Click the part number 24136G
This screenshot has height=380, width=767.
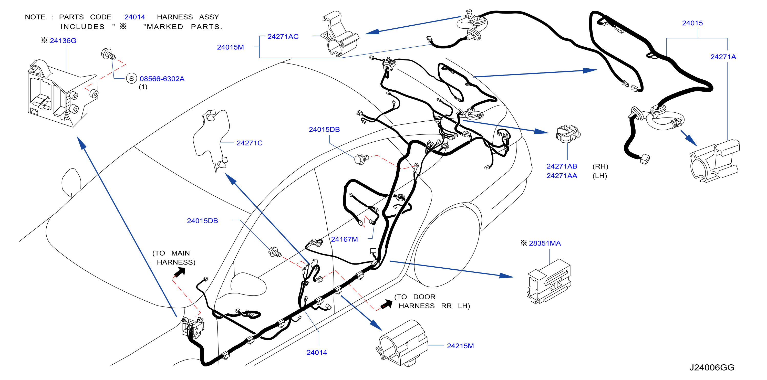pos(63,40)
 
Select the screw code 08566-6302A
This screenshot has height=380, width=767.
pos(162,79)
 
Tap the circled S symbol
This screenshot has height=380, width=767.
pos(131,79)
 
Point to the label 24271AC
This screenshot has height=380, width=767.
pos(283,37)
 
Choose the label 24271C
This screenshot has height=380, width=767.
pos(250,143)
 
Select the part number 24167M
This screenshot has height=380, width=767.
pos(344,239)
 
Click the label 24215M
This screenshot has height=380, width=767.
pos(460,346)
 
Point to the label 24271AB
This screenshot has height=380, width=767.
pos(562,166)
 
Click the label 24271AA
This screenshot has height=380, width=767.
pos(562,176)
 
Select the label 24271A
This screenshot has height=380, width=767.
pos(723,57)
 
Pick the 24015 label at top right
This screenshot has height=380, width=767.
pos(692,23)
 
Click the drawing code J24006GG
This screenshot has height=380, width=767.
pos(712,367)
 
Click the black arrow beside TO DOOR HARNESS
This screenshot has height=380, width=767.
pos(387,304)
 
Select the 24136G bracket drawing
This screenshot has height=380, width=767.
pos(63,94)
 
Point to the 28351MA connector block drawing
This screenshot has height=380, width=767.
pos(548,281)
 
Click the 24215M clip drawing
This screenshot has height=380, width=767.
pos(402,343)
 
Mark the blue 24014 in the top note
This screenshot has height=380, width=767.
pos(134,17)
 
